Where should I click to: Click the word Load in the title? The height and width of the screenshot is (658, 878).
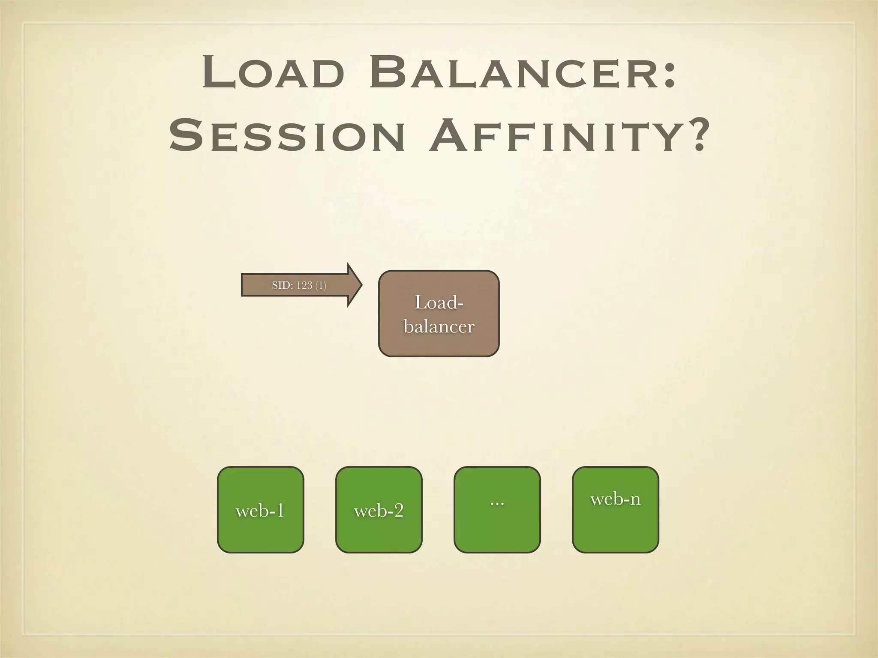(x=274, y=73)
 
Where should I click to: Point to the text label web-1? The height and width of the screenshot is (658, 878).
(x=260, y=511)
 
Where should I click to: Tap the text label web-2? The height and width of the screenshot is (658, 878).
(x=379, y=511)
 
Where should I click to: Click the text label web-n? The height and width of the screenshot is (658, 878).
(x=615, y=499)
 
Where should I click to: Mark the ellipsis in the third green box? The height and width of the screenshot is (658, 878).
(x=497, y=502)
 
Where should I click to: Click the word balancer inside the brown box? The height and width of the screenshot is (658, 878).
(x=439, y=327)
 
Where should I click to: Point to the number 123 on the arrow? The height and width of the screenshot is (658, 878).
(x=304, y=285)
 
